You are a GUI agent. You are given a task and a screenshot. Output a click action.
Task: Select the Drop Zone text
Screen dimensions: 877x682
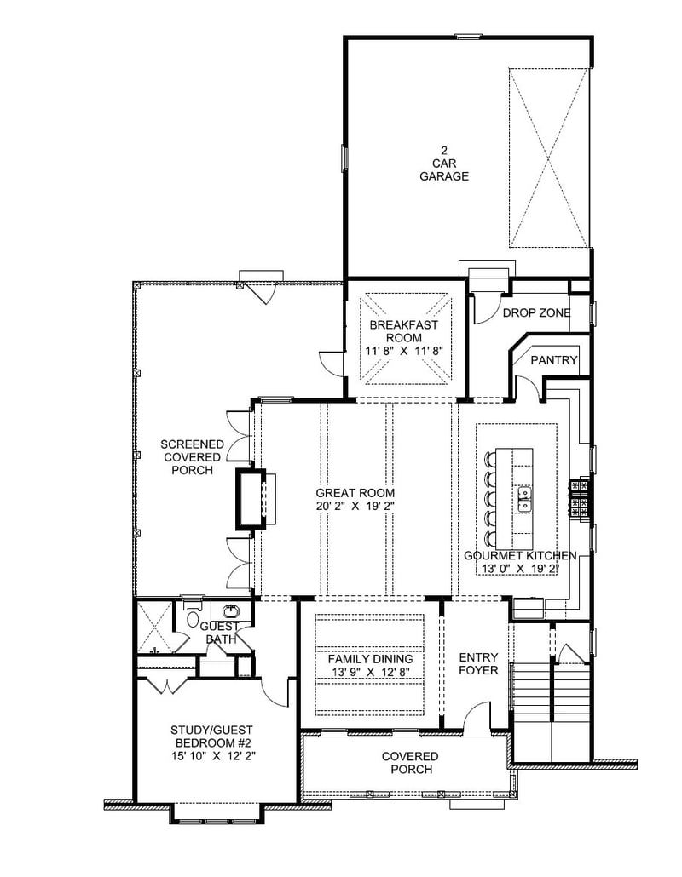(536, 313)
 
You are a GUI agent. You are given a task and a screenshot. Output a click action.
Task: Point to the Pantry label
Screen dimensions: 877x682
(554, 360)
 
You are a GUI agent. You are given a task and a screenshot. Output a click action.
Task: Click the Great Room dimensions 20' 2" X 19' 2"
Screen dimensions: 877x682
(355, 506)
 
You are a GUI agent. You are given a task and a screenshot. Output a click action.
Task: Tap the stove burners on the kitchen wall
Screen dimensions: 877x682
(580, 497)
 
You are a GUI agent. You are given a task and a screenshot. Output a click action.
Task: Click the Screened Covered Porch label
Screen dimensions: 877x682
(193, 457)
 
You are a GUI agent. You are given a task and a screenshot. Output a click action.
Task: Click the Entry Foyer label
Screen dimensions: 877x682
(478, 664)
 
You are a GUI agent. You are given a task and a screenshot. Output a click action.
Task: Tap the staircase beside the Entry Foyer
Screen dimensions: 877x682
(550, 698)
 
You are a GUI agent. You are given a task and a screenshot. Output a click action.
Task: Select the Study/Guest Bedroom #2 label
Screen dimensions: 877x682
(211, 742)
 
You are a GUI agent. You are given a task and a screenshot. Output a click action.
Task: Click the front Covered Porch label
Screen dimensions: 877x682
(409, 763)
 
